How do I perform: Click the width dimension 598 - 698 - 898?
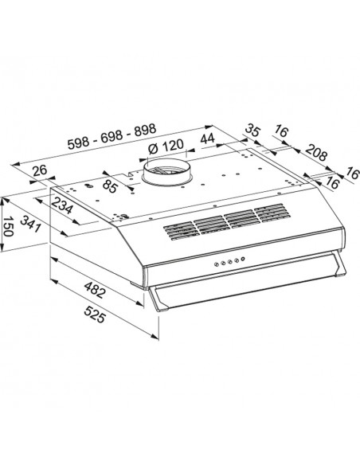(x=112, y=136)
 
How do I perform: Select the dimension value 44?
(x=208, y=138)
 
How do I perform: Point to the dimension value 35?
(x=253, y=131)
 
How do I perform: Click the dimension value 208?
(x=316, y=152)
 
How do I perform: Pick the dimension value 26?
(x=40, y=170)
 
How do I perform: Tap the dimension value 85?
(x=110, y=187)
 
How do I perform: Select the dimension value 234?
(x=62, y=205)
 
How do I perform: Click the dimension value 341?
(x=31, y=224)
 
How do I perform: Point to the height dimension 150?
(x=9, y=226)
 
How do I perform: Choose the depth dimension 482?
(x=95, y=290)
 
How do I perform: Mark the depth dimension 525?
(x=95, y=315)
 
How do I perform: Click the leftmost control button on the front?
(x=217, y=264)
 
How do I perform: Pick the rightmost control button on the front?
(x=243, y=259)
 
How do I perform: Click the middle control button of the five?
(x=230, y=261)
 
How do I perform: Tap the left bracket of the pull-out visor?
(x=158, y=299)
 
